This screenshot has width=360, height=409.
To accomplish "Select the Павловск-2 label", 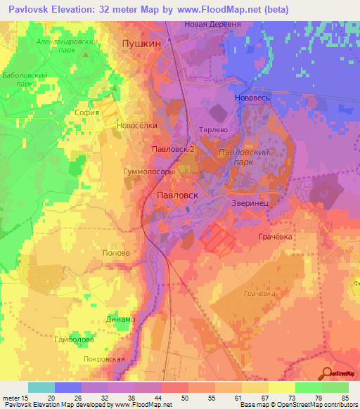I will click(x=172, y=150).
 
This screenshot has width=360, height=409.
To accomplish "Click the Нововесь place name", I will click(x=252, y=98).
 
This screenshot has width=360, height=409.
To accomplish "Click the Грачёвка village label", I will click(x=274, y=237).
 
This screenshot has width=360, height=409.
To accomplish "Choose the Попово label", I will click(x=116, y=252).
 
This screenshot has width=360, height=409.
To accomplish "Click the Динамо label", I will click(x=122, y=319).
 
